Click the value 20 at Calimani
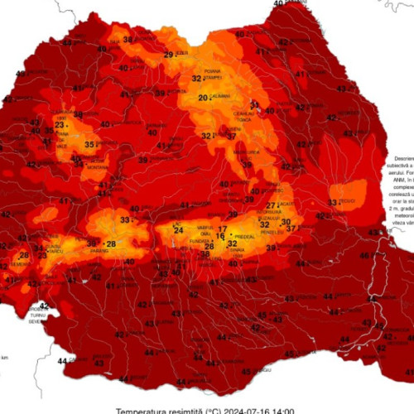click(x=202, y=98)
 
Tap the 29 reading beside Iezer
click(x=167, y=55)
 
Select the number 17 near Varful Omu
click(x=222, y=228)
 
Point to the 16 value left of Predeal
click(x=220, y=236)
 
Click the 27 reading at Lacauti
click(x=271, y=205)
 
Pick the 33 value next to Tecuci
click(x=332, y=202)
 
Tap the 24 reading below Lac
click(x=179, y=230)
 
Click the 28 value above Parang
click(x=110, y=243)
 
